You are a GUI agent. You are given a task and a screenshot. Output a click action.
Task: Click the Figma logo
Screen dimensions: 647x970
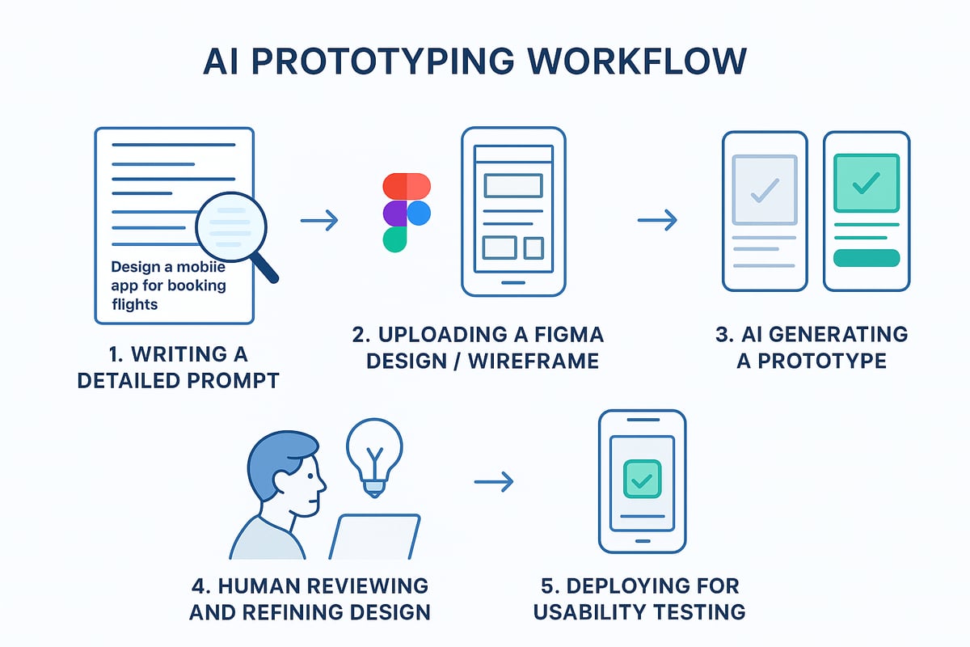(407, 213)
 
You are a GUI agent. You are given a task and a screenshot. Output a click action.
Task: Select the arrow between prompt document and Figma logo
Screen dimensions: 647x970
(318, 220)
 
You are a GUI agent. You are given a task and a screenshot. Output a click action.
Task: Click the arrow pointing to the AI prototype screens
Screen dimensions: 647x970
(656, 220)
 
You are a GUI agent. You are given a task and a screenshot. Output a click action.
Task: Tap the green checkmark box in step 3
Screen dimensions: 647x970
(866, 184)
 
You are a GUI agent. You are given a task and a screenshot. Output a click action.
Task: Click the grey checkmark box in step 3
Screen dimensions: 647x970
(764, 188)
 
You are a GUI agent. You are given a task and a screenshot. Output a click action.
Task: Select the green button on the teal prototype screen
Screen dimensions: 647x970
(866, 258)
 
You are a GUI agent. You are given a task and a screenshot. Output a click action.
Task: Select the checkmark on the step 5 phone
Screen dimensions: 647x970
(642, 481)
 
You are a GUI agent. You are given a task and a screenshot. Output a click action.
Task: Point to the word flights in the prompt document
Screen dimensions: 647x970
(135, 305)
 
